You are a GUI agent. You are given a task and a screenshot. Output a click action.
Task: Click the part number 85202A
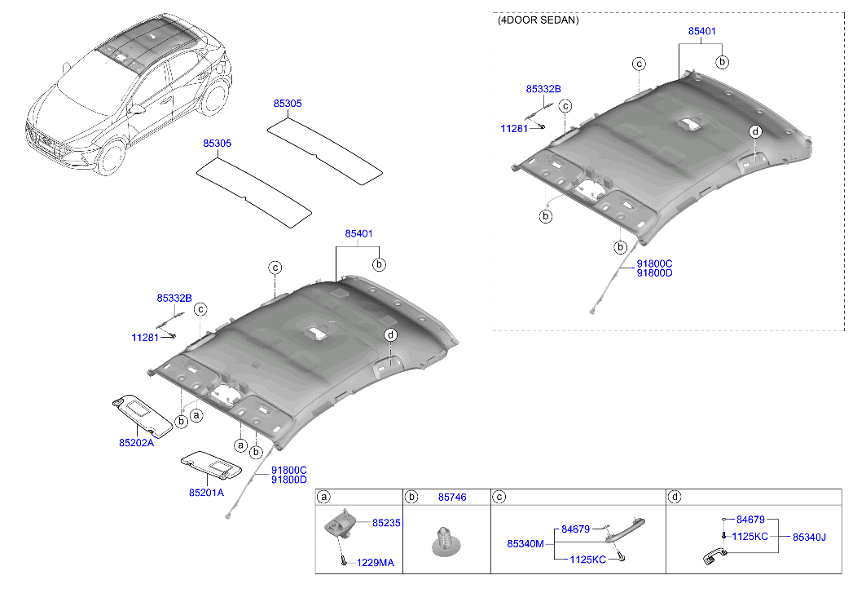136,443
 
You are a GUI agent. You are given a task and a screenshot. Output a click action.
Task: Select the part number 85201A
206,492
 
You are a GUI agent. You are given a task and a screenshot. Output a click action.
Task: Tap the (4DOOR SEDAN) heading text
538,20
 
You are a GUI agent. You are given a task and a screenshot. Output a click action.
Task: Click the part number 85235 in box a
386,522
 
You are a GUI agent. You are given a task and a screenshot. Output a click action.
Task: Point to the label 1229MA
375,563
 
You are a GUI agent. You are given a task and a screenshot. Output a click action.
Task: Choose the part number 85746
452,497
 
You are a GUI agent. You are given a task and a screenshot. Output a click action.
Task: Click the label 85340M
525,543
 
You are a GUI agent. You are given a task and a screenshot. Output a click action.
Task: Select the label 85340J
810,537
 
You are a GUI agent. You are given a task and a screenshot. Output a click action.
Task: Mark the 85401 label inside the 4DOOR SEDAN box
701,31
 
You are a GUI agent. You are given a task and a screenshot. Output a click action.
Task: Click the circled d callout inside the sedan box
755,131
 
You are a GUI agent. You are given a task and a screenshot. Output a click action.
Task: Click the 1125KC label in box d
749,537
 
